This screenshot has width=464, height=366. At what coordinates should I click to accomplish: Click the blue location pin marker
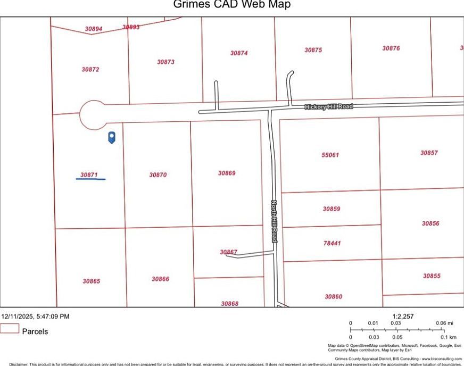[x=112, y=137]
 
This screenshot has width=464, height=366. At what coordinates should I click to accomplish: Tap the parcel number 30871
[x=89, y=174]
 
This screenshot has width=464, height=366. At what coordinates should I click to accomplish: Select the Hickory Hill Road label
[x=328, y=107]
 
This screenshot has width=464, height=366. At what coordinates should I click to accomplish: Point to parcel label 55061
[x=330, y=155]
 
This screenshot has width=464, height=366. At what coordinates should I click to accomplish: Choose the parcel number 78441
[x=332, y=243]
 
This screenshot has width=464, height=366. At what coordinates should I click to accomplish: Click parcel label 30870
[x=158, y=174]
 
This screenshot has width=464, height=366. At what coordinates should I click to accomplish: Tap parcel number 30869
[x=227, y=173]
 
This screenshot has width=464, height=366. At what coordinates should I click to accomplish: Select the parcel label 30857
[x=429, y=153]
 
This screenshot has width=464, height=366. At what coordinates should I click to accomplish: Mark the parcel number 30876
[x=391, y=48]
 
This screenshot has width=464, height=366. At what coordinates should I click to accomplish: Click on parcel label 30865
[x=91, y=281]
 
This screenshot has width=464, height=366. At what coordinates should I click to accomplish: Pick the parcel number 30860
[x=334, y=296]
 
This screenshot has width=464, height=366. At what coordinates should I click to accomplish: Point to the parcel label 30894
[x=94, y=29]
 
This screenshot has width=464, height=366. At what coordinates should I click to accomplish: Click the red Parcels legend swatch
[x=10, y=329]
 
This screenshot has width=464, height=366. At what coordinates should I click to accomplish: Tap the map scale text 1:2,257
[x=403, y=317]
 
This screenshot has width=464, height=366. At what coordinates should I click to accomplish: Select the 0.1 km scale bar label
[x=449, y=337]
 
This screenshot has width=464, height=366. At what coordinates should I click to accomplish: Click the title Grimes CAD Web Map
[x=232, y=5]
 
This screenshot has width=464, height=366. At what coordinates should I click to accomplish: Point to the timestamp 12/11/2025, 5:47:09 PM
[x=35, y=317]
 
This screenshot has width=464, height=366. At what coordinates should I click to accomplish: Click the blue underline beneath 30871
[x=90, y=179]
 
